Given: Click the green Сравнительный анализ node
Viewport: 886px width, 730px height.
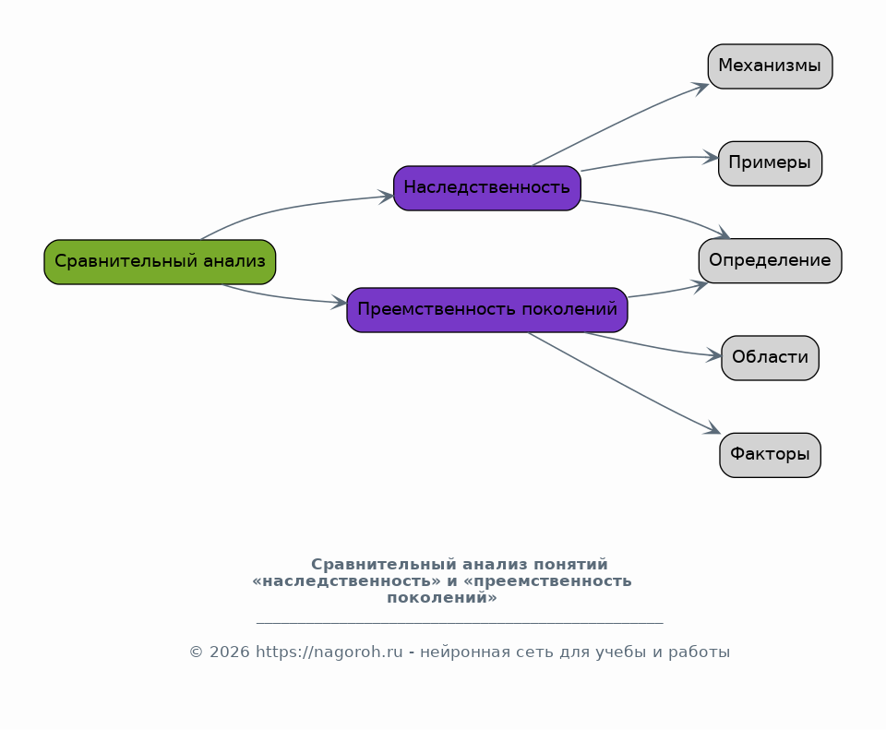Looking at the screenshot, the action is (x=160, y=262).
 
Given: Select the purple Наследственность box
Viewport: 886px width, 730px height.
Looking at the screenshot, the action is (x=487, y=188).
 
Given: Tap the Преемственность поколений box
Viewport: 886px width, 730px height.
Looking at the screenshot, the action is (x=487, y=310).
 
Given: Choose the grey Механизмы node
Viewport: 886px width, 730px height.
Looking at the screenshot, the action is (x=770, y=66).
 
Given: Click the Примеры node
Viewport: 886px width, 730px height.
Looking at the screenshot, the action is (x=770, y=163).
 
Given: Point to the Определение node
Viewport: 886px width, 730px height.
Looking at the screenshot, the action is (x=770, y=260).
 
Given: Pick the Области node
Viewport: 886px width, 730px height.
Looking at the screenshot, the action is (x=770, y=358).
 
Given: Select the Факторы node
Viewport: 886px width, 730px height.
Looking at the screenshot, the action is (x=770, y=455).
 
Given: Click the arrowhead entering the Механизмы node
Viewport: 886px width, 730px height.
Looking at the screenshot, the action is (x=701, y=89).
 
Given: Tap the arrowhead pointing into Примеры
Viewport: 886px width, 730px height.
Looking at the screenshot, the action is (x=711, y=158).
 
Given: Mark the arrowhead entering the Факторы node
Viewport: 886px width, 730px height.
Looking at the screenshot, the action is (x=712, y=429).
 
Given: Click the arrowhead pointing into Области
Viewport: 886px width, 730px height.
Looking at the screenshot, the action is (x=714, y=355).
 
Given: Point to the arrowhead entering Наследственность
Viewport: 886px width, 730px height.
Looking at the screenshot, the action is (x=386, y=197).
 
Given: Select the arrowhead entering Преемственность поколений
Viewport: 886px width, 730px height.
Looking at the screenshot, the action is (x=339, y=303).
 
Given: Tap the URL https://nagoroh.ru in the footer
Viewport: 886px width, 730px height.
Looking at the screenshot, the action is (x=329, y=652).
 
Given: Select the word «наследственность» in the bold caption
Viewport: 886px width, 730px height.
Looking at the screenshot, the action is (x=346, y=580).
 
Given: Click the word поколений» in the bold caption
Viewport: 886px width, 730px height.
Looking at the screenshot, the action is (x=442, y=598).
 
